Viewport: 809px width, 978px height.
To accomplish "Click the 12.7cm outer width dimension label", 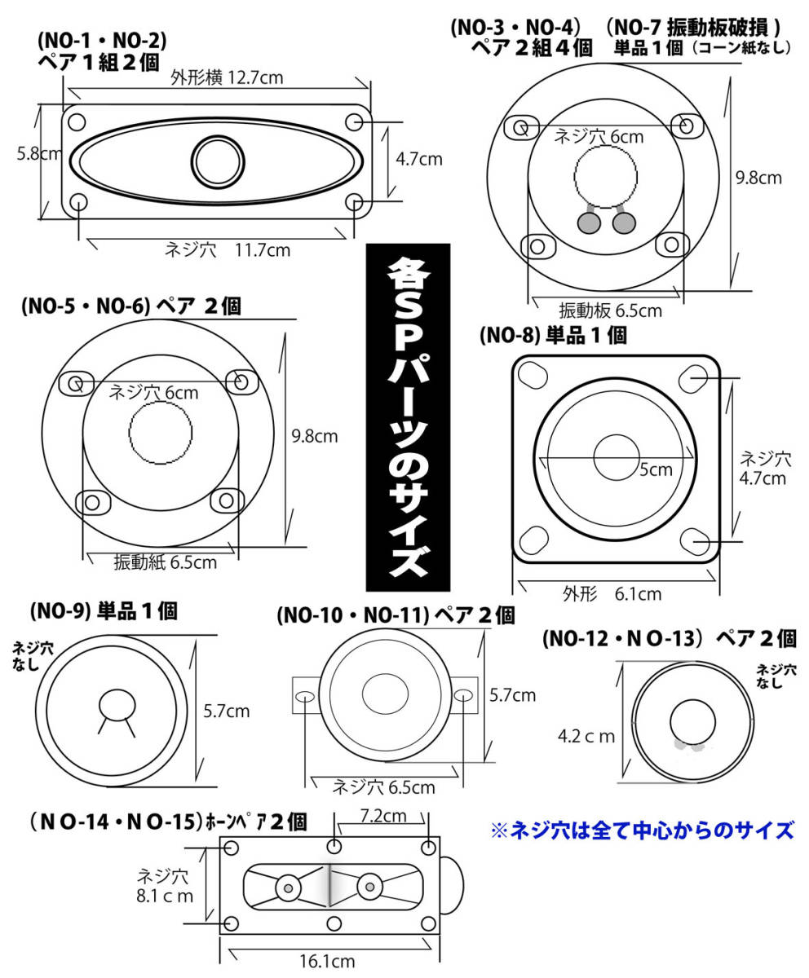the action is click(x=227, y=77).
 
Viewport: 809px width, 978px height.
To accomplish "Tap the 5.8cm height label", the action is click(x=39, y=154).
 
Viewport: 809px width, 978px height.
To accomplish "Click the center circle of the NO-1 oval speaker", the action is click(x=218, y=162).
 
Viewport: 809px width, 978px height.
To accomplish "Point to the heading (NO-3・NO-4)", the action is click(x=515, y=28).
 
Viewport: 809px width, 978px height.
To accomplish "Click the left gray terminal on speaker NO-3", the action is click(x=589, y=222).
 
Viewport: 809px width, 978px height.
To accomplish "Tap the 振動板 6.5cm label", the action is click(x=610, y=311).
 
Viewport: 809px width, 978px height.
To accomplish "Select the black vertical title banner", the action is click(x=409, y=416).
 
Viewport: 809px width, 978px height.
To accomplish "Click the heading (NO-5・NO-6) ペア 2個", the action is click(x=131, y=306).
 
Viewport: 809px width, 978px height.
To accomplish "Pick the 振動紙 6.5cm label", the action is click(x=165, y=562).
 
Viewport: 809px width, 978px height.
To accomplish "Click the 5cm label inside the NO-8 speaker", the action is click(x=656, y=469).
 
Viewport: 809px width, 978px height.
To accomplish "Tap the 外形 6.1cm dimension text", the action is click(x=612, y=594).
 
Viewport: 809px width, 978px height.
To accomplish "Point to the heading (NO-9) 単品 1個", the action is click(x=104, y=610).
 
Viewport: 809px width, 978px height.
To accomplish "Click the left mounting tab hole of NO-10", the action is click(x=306, y=695).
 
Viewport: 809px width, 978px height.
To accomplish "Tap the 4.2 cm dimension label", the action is click(x=586, y=736).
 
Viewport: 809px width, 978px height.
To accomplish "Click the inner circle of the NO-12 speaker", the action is click(x=692, y=723).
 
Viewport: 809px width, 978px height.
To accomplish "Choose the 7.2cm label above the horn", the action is click(x=383, y=816).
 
